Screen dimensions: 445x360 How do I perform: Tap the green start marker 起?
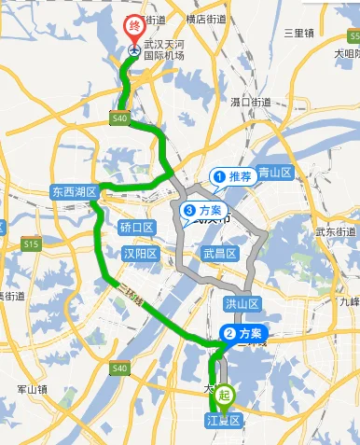coord(223,396)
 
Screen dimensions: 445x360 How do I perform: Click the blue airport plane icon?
coord(135,49)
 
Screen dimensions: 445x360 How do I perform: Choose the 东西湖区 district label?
coord(75,191)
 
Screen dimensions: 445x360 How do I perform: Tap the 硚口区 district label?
coord(136,228)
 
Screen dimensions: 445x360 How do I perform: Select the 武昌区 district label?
coord(220,253)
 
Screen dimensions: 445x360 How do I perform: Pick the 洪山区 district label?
coord(241,304)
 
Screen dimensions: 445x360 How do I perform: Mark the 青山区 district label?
coord(275,173)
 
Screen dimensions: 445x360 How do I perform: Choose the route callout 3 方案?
coord(202,211)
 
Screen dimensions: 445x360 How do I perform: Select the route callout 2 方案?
coord(242,333)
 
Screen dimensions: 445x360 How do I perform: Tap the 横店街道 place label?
coord(206,19)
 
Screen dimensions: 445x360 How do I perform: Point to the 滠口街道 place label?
coord(250,101)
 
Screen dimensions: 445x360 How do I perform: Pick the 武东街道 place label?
coord(336,231)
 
